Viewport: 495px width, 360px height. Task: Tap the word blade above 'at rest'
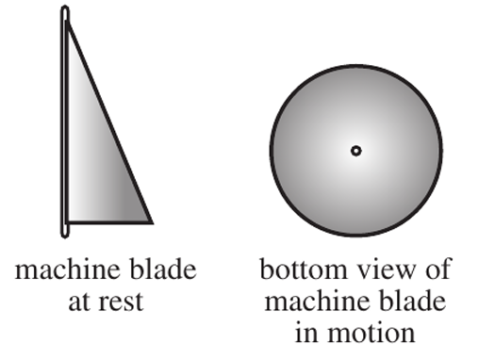tap(163, 270)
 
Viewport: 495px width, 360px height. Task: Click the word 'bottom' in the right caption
tap(303, 270)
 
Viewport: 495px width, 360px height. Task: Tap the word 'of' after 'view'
tap(439, 270)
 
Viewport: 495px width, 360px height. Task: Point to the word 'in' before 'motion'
tap(305, 333)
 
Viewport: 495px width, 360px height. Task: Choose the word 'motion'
tap(371, 333)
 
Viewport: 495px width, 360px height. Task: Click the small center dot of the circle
tap(356, 151)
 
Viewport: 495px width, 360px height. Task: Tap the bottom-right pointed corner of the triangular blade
tap(152, 222)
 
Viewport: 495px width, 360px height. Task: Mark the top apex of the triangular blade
tap(67, 22)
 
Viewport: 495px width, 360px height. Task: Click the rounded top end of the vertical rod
tap(65, 7)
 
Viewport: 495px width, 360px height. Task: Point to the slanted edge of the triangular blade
tap(109, 123)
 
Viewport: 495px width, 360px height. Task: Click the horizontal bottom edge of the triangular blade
tap(109, 222)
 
